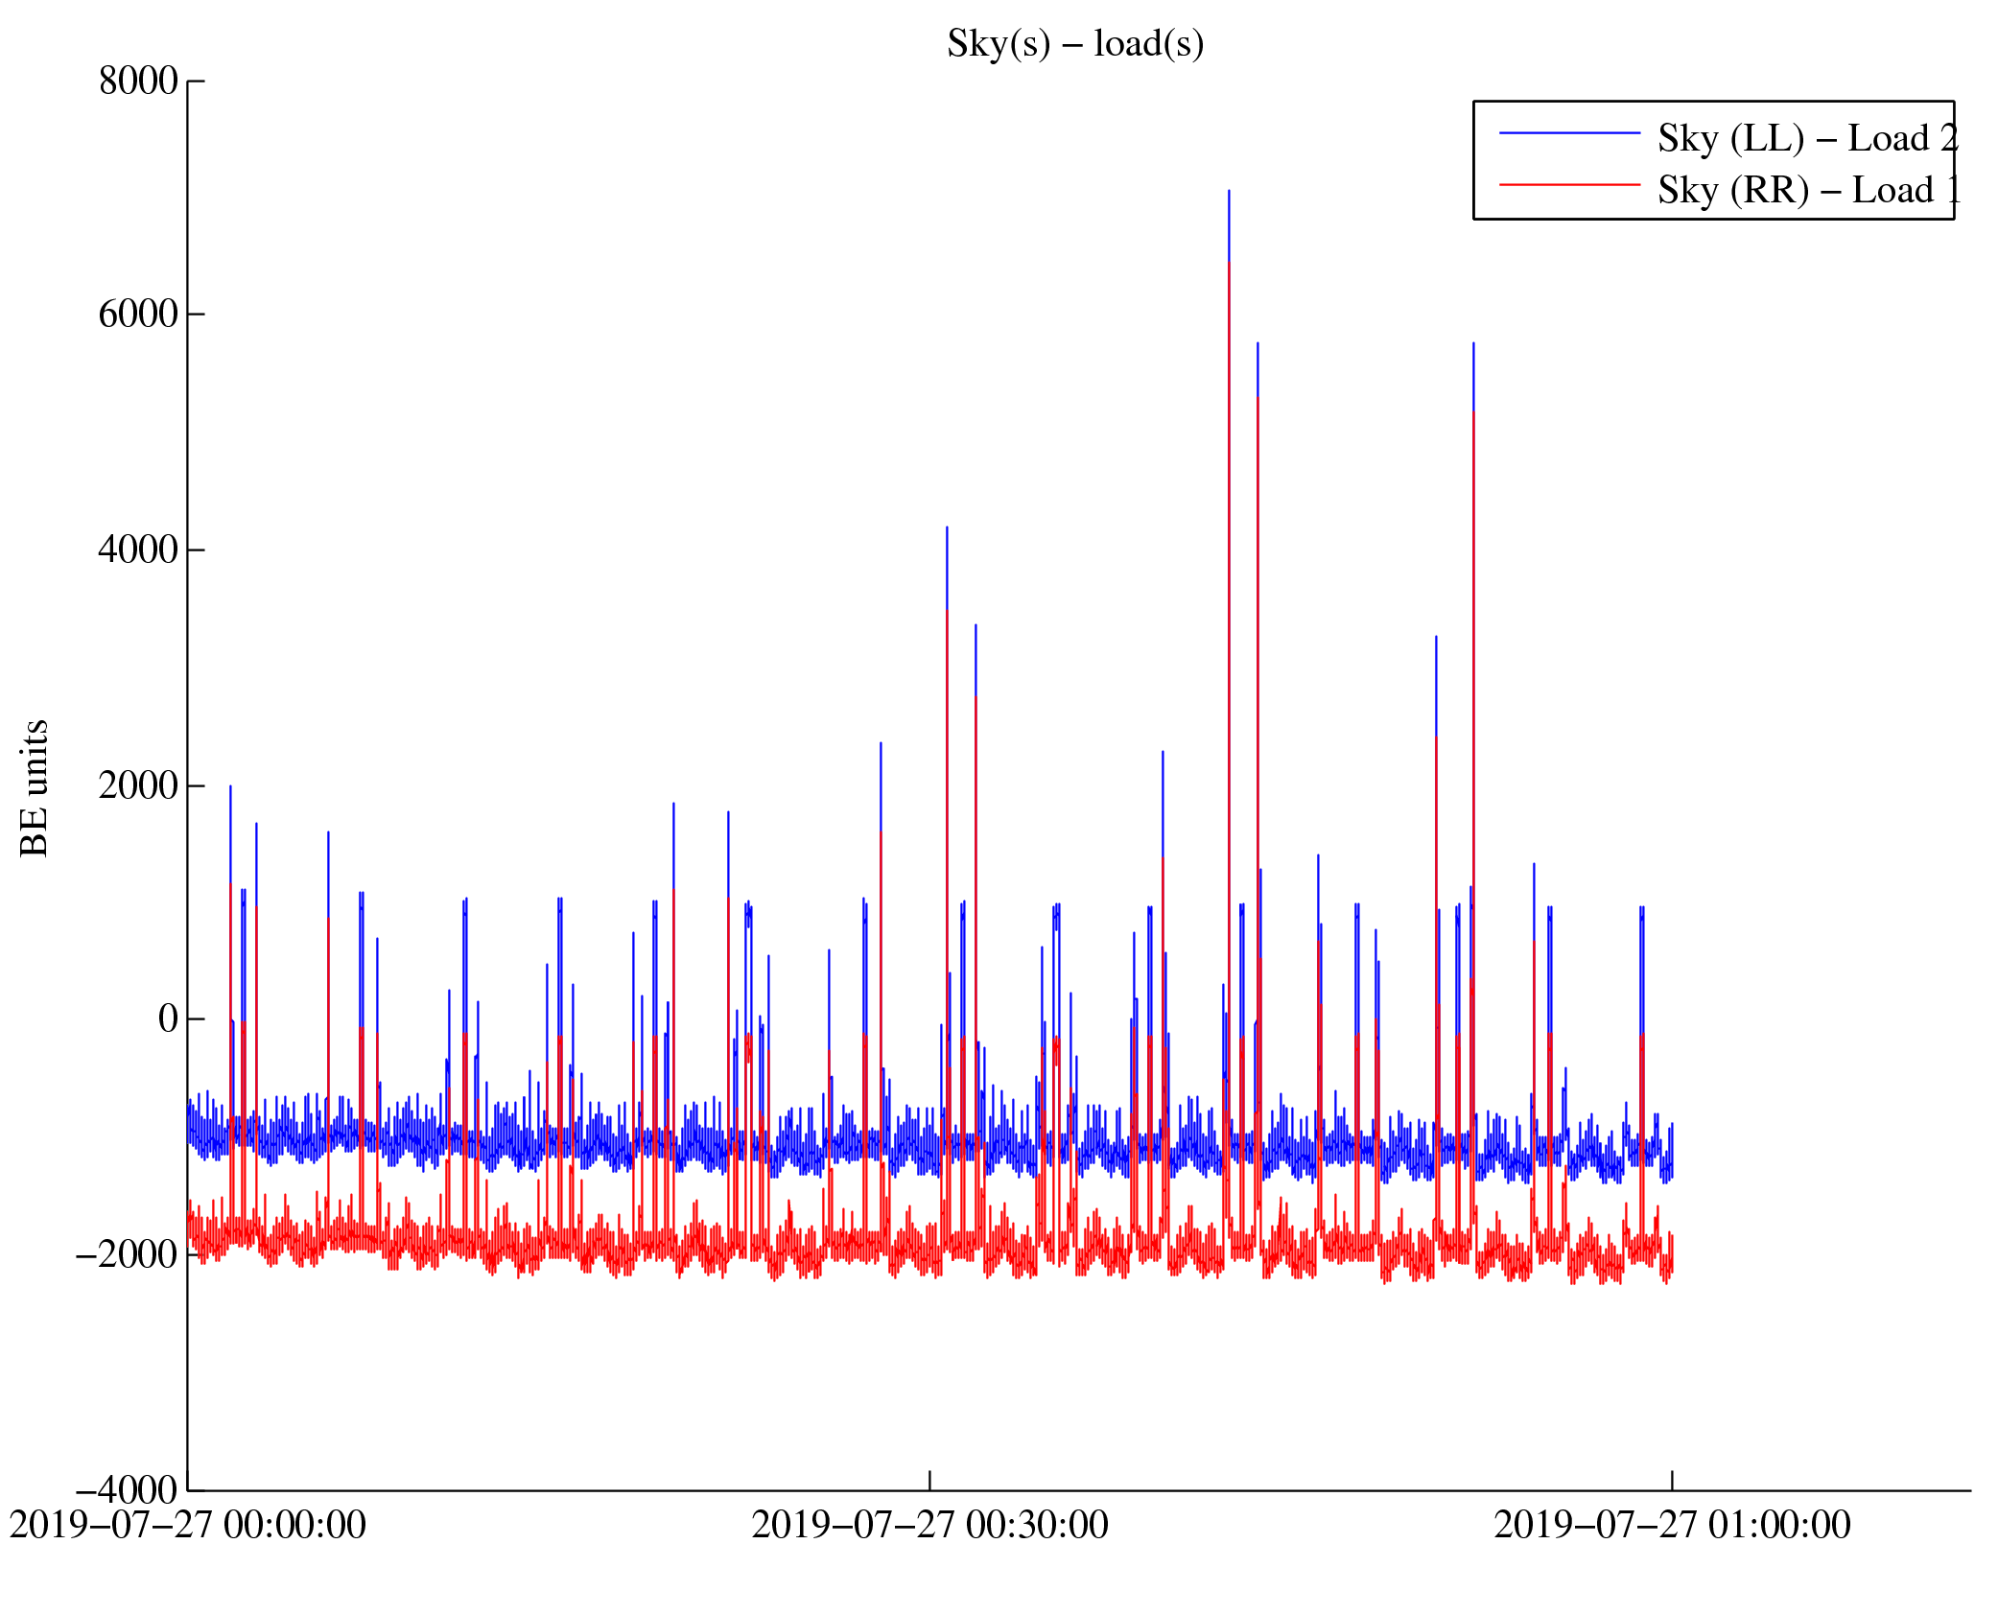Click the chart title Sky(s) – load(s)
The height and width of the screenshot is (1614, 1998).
[x=1074, y=44]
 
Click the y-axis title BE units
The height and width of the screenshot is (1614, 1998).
[x=35, y=787]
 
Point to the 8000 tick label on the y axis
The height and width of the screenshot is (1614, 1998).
[x=138, y=82]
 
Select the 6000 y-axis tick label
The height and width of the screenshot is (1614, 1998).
[x=138, y=315]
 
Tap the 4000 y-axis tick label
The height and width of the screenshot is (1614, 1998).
[x=138, y=550]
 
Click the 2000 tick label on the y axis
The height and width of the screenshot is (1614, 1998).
[x=138, y=785]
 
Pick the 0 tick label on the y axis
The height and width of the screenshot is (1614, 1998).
[x=168, y=1019]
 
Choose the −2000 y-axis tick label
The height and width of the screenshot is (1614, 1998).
[x=127, y=1254]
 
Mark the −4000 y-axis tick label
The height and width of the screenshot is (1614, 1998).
[x=127, y=1490]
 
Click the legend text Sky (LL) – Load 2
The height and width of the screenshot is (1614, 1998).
[x=1807, y=139]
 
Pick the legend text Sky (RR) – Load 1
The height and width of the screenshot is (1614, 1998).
[x=1807, y=191]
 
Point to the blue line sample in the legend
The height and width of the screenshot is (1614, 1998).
[x=1569, y=133]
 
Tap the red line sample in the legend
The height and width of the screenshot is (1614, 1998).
[x=1569, y=184]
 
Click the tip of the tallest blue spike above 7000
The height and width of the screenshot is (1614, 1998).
[x=1229, y=191]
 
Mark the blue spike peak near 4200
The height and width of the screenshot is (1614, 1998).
[x=947, y=527]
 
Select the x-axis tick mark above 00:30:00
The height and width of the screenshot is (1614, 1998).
[x=929, y=1480]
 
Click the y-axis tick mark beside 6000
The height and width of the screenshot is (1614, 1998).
[x=196, y=315]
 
